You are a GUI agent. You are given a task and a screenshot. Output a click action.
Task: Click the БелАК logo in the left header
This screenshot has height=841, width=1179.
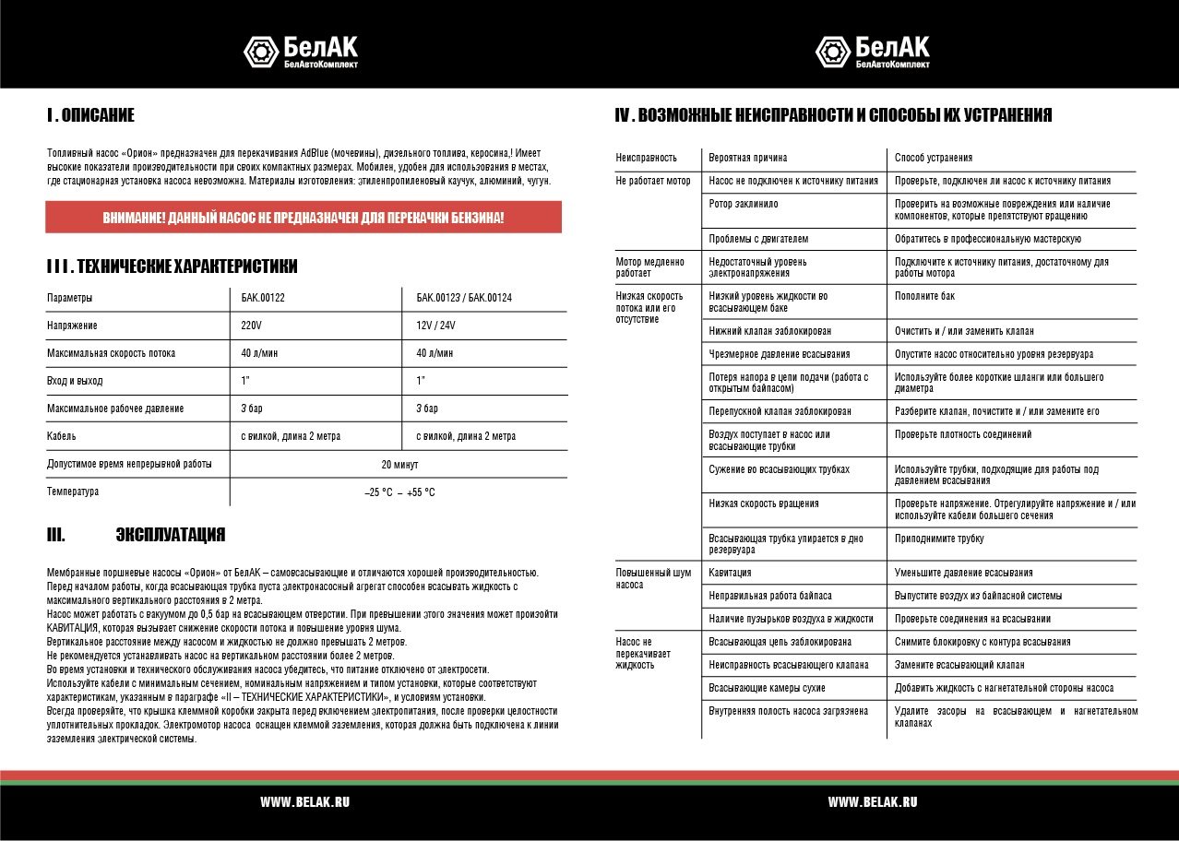point(301,51)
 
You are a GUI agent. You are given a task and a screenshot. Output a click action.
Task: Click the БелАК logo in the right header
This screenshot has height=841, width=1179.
point(872,51)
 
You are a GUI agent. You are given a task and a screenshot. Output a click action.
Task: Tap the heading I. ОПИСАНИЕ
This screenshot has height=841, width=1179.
point(90,115)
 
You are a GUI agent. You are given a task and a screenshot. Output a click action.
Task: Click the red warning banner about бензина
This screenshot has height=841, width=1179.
point(304,219)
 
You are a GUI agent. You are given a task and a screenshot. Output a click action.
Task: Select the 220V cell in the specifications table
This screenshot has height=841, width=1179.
point(251,326)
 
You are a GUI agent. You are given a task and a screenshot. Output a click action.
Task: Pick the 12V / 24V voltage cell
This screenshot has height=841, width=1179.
point(435,326)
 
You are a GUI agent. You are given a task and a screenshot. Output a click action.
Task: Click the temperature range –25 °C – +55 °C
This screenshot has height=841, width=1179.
point(399,492)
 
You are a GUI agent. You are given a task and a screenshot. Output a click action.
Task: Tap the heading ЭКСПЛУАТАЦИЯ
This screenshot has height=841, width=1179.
point(170,536)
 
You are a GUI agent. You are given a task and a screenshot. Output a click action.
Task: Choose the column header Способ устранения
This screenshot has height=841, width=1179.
point(934,159)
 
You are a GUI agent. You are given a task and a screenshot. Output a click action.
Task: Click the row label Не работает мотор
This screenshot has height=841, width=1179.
point(653,182)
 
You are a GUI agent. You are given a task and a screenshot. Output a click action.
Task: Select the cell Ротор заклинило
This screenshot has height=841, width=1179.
point(744,204)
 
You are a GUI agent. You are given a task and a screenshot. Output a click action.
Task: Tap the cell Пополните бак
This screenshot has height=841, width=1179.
point(924,296)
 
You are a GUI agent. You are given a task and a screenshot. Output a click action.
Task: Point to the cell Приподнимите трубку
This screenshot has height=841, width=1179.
point(939,539)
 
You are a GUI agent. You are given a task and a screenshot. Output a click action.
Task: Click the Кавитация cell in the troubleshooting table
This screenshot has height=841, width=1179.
point(730,573)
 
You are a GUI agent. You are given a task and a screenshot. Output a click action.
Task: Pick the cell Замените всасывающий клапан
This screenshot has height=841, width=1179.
point(959,665)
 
